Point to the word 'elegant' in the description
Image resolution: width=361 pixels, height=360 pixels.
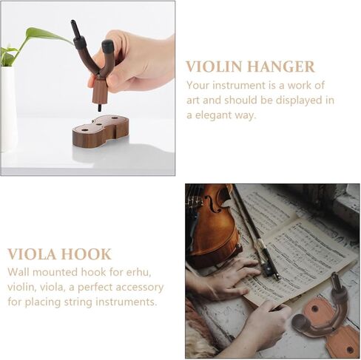click(223, 115)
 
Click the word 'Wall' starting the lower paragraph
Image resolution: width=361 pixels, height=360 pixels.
click(20, 271)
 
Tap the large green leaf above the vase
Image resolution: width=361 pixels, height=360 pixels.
click(44, 34)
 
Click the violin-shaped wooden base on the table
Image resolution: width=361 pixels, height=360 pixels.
click(100, 131)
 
